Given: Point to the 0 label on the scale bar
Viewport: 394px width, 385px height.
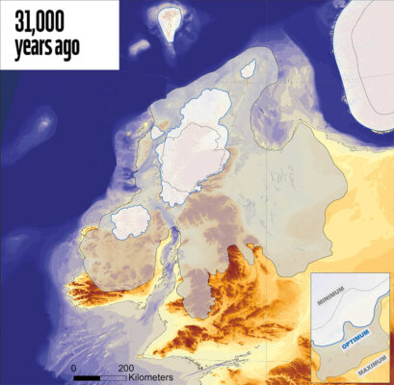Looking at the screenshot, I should [x=73, y=369].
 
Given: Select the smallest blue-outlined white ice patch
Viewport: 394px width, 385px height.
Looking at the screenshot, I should [x=248, y=69].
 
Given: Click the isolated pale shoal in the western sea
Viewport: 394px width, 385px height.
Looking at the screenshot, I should [x=42, y=122].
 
